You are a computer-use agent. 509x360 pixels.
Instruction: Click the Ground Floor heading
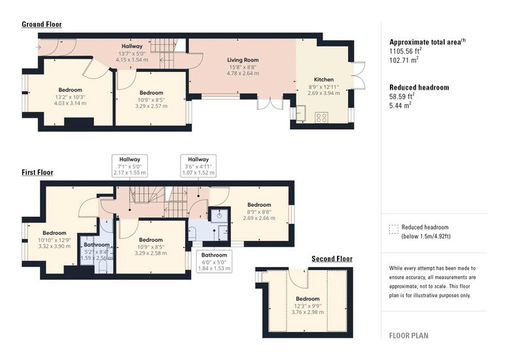click(x=42, y=24)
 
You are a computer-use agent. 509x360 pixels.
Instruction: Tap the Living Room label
click(x=243, y=60)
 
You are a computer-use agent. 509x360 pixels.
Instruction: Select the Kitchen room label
click(x=324, y=80)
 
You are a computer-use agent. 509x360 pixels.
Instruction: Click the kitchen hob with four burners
click(x=321, y=117)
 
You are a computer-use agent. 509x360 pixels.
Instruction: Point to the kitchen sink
click(x=301, y=113)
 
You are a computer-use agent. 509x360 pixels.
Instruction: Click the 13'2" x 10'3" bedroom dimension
click(x=70, y=97)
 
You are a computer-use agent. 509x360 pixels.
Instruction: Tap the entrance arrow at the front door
click(x=39, y=47)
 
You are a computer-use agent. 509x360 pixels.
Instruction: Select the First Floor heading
click(x=37, y=172)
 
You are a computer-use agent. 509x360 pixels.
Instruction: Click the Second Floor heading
click(x=332, y=259)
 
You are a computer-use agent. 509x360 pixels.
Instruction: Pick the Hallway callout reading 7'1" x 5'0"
click(x=130, y=166)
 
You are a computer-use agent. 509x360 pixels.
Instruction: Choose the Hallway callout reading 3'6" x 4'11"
click(x=198, y=166)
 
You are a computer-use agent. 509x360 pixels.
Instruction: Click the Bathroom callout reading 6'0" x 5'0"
click(x=214, y=262)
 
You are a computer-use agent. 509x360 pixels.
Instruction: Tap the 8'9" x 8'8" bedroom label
click(x=259, y=211)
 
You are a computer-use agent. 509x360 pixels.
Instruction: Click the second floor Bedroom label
click(x=307, y=299)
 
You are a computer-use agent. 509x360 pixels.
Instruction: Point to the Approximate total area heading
click(x=427, y=42)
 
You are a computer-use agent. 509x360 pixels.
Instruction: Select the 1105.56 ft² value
click(x=406, y=51)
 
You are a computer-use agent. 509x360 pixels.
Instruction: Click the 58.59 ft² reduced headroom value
click(x=402, y=96)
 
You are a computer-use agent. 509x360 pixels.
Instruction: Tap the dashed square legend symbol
click(x=393, y=229)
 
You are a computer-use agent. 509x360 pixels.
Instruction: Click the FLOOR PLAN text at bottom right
click(x=409, y=336)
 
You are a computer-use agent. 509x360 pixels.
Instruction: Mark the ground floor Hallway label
click(x=132, y=46)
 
